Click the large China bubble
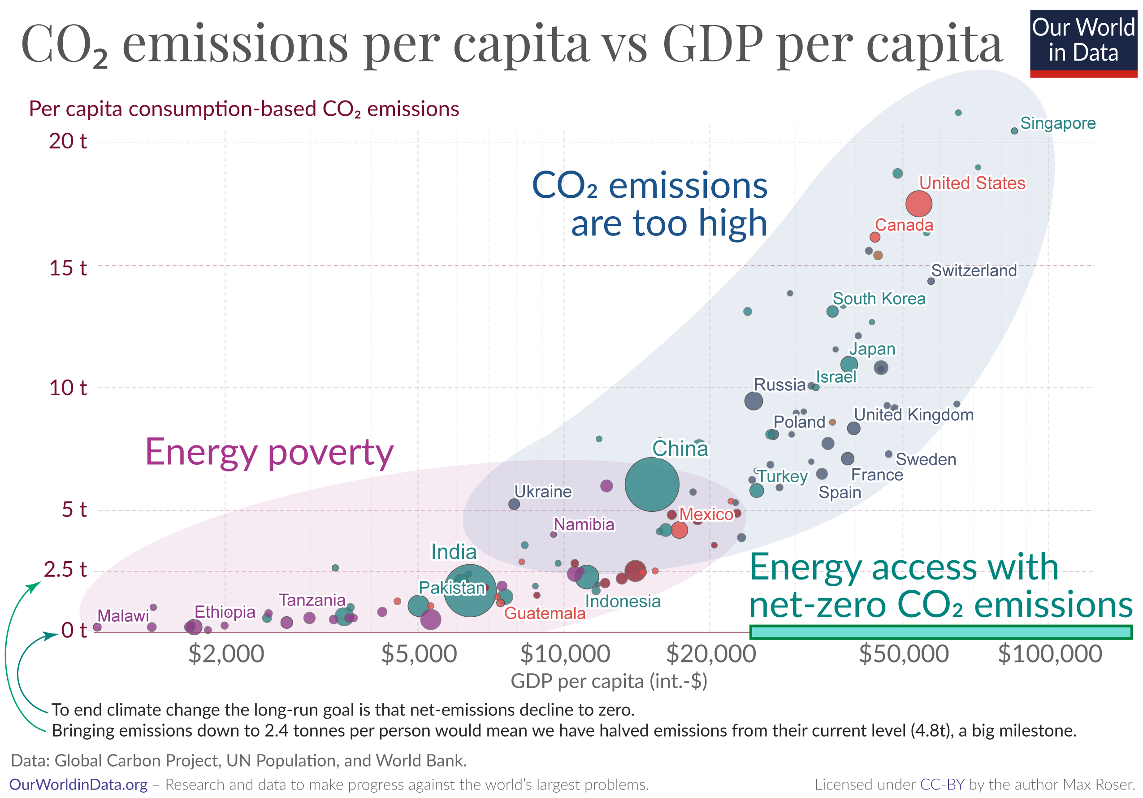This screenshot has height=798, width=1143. click(x=651, y=484)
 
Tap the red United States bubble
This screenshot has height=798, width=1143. click(x=918, y=203)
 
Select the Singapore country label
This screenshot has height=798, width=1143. click(x=1057, y=123)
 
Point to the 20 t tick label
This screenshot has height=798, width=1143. click(x=68, y=141)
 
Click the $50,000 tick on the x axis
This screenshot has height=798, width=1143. click(x=904, y=654)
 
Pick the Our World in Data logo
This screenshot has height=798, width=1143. click(x=1083, y=43)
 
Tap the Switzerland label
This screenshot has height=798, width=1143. click(x=974, y=270)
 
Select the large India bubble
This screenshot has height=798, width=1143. click(x=469, y=591)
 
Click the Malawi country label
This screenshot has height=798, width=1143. click(x=123, y=616)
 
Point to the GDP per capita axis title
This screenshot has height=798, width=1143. click(x=609, y=681)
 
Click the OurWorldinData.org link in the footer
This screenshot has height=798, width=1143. click(x=78, y=785)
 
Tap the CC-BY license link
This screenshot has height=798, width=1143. click(x=942, y=785)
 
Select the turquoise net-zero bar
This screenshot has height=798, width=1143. click(x=941, y=632)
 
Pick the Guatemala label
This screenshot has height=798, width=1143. click(x=545, y=613)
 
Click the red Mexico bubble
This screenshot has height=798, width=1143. click(x=679, y=530)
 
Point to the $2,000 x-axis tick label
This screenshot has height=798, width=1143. click(x=226, y=654)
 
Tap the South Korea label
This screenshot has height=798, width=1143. click(x=879, y=298)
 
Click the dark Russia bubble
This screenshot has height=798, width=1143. click(x=753, y=401)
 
